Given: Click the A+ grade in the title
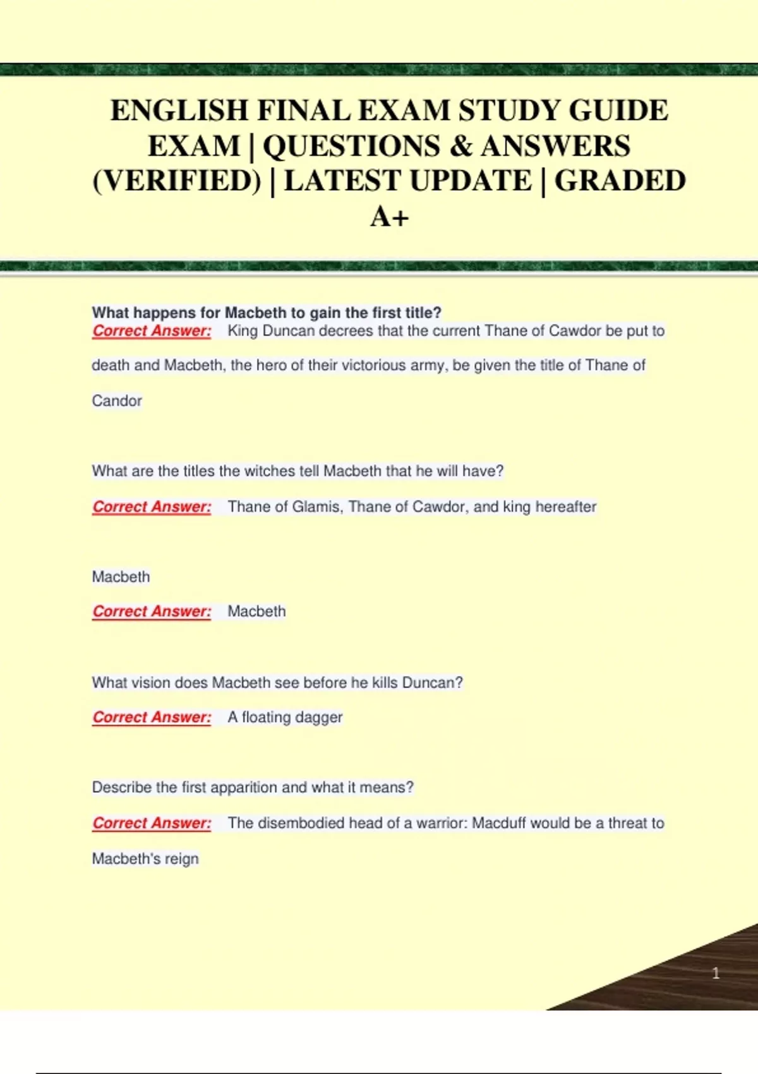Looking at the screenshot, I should point(389,217).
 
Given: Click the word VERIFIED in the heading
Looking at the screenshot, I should point(177,181).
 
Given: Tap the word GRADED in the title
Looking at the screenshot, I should point(620,181).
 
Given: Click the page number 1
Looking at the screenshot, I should point(716,973).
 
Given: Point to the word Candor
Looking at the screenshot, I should point(117,401).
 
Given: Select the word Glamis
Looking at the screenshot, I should point(316,507).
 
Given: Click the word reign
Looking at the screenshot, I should point(182,859).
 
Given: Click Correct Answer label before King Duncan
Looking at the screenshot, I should point(152,331).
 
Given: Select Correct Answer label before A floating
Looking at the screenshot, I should point(152,718).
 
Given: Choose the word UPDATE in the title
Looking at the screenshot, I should point(471,181).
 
